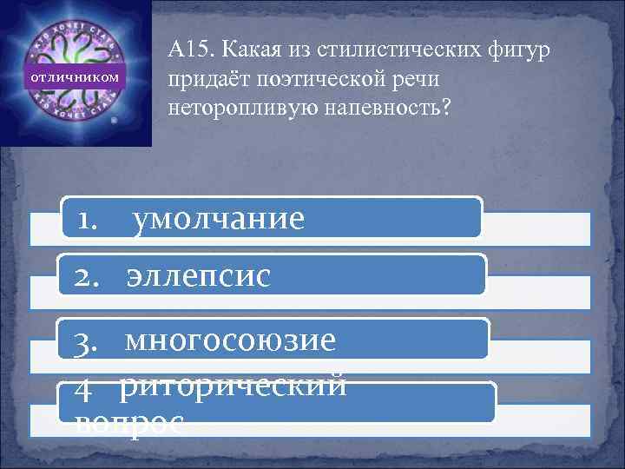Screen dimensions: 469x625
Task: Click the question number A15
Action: [187, 51]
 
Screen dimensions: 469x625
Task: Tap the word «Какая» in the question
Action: [247, 51]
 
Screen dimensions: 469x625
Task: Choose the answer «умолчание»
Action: [218, 220]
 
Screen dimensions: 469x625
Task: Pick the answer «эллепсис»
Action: [199, 275]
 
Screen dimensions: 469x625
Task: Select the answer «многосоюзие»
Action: [230, 340]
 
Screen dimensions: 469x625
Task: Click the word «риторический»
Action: [233, 386]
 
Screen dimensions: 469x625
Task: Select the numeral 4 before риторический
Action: [84, 393]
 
